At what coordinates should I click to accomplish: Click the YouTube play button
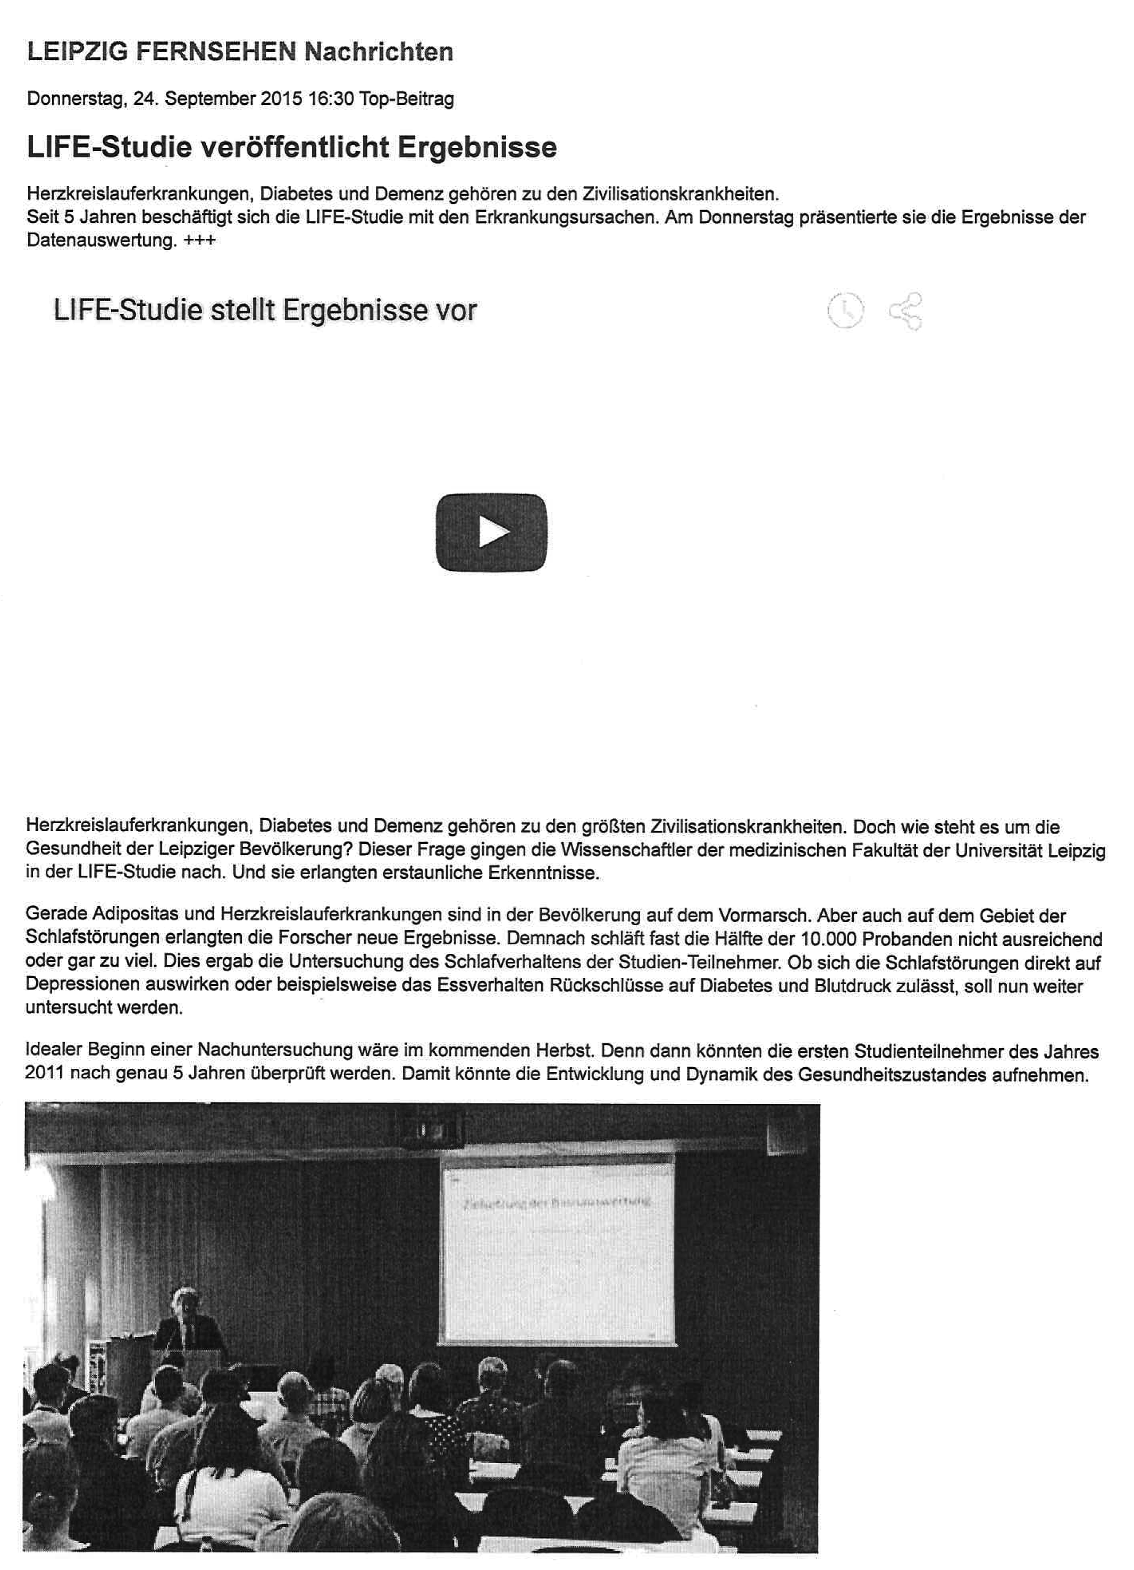[x=491, y=533]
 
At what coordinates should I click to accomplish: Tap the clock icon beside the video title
[x=845, y=311]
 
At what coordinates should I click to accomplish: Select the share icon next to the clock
[x=906, y=312]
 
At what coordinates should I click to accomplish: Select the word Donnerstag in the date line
[x=75, y=99]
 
